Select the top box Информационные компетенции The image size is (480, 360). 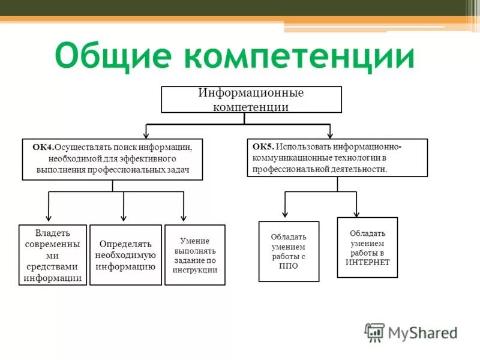pyautogui.click(x=251, y=100)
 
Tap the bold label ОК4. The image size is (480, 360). pyautogui.click(x=43, y=147)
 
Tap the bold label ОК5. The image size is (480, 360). pyautogui.click(x=263, y=146)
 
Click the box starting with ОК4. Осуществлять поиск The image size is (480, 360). pyautogui.click(x=112, y=160)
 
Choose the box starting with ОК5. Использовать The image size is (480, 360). pyautogui.click(x=337, y=158)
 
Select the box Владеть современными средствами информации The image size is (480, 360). pyautogui.click(x=53, y=255)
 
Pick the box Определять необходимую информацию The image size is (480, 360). pyautogui.click(x=125, y=255)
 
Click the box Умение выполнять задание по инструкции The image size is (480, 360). pyautogui.click(x=195, y=255)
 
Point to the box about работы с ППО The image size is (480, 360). pyautogui.click(x=289, y=251)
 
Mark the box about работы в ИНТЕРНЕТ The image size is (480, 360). pyautogui.click(x=367, y=247)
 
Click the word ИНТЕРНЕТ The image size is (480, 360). pyautogui.click(x=367, y=262)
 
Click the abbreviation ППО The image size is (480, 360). pyautogui.click(x=289, y=266)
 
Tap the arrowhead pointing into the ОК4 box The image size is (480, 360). pyautogui.click(x=147, y=135)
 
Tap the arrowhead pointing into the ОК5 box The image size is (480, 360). pyautogui.click(x=329, y=134)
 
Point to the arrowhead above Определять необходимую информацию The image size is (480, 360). pyautogui.click(x=124, y=218)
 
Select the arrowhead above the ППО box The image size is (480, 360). pyautogui.click(x=286, y=214)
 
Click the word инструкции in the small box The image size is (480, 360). pyautogui.click(x=195, y=270)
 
